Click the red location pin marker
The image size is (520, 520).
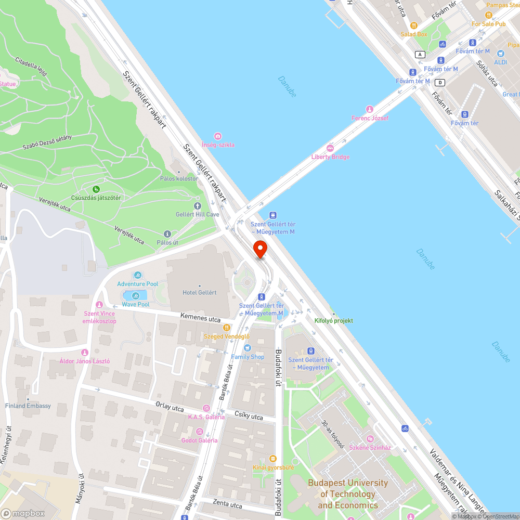point(259,249)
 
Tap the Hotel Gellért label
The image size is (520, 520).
point(199,292)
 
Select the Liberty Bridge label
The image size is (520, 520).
point(330,157)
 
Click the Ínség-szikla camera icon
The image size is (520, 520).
point(218,136)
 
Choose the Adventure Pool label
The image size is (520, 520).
point(137,284)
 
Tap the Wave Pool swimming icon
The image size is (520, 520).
point(136,296)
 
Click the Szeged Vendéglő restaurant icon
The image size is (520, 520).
point(227,328)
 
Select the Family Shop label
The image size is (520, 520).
point(248,357)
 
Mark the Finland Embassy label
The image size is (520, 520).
point(28,406)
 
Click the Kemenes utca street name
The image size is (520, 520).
point(200,317)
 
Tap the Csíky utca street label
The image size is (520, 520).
point(249,415)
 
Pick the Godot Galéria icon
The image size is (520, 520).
point(199,432)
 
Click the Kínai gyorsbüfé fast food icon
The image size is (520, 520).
point(273,459)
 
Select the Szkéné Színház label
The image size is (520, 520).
point(370,447)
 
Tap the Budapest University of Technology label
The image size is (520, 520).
point(347,494)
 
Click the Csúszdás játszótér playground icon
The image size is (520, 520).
point(96,189)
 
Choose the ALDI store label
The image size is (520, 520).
point(500,62)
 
